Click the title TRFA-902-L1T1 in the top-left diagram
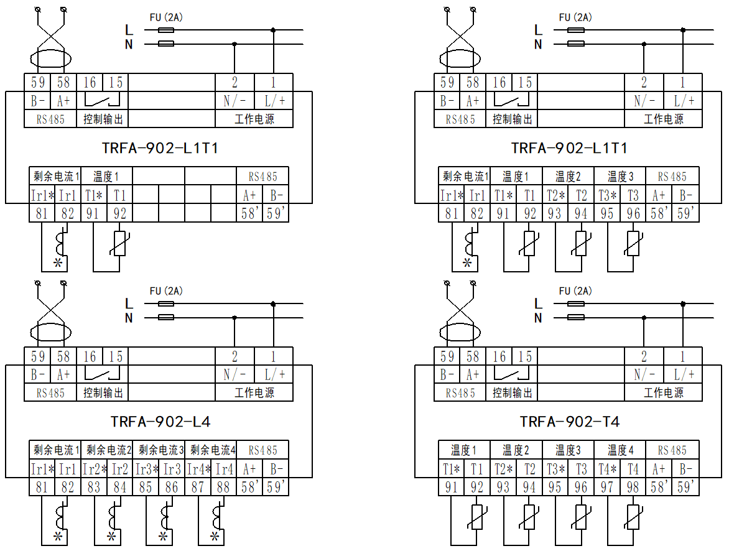pos(160,148)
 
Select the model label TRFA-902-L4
pos(160,422)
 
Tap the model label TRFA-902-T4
pos(570,422)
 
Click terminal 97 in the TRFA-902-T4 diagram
pos(607,488)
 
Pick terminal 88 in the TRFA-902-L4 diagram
pos(224,488)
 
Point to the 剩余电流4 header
pos(213,450)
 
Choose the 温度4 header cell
pos(620,450)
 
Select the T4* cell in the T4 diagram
pos(607,469)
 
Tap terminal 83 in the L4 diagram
pos(94,488)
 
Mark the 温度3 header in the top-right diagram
pos(620,176)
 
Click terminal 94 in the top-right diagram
pos(581,213)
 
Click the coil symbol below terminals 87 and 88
pos(217,516)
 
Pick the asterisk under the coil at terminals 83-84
pos(111,536)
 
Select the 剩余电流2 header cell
pos(109,450)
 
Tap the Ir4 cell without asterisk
pos(224,469)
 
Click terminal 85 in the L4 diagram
pos(146,488)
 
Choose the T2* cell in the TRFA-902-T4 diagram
pos(503,469)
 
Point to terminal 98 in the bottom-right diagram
pos(633,488)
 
